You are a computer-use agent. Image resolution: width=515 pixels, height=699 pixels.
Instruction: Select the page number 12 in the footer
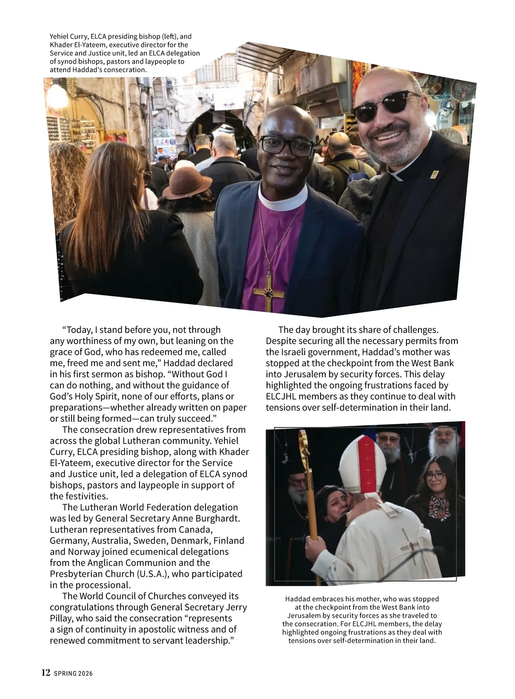point(46,672)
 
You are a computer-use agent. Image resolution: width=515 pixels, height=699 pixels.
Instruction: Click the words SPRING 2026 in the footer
point(73,673)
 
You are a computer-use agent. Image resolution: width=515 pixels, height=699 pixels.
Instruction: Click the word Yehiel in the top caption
point(60,37)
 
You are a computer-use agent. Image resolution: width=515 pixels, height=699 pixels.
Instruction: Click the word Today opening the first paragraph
point(78,330)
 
